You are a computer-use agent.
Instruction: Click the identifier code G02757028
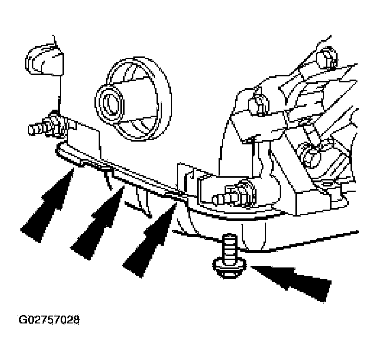point(49,319)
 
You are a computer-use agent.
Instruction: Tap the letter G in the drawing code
point(22,319)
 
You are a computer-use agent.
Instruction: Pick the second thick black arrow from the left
point(99,223)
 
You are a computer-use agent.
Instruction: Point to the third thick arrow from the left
point(150,240)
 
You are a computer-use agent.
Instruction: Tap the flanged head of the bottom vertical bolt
point(230,268)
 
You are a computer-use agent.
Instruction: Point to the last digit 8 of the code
point(76,319)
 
